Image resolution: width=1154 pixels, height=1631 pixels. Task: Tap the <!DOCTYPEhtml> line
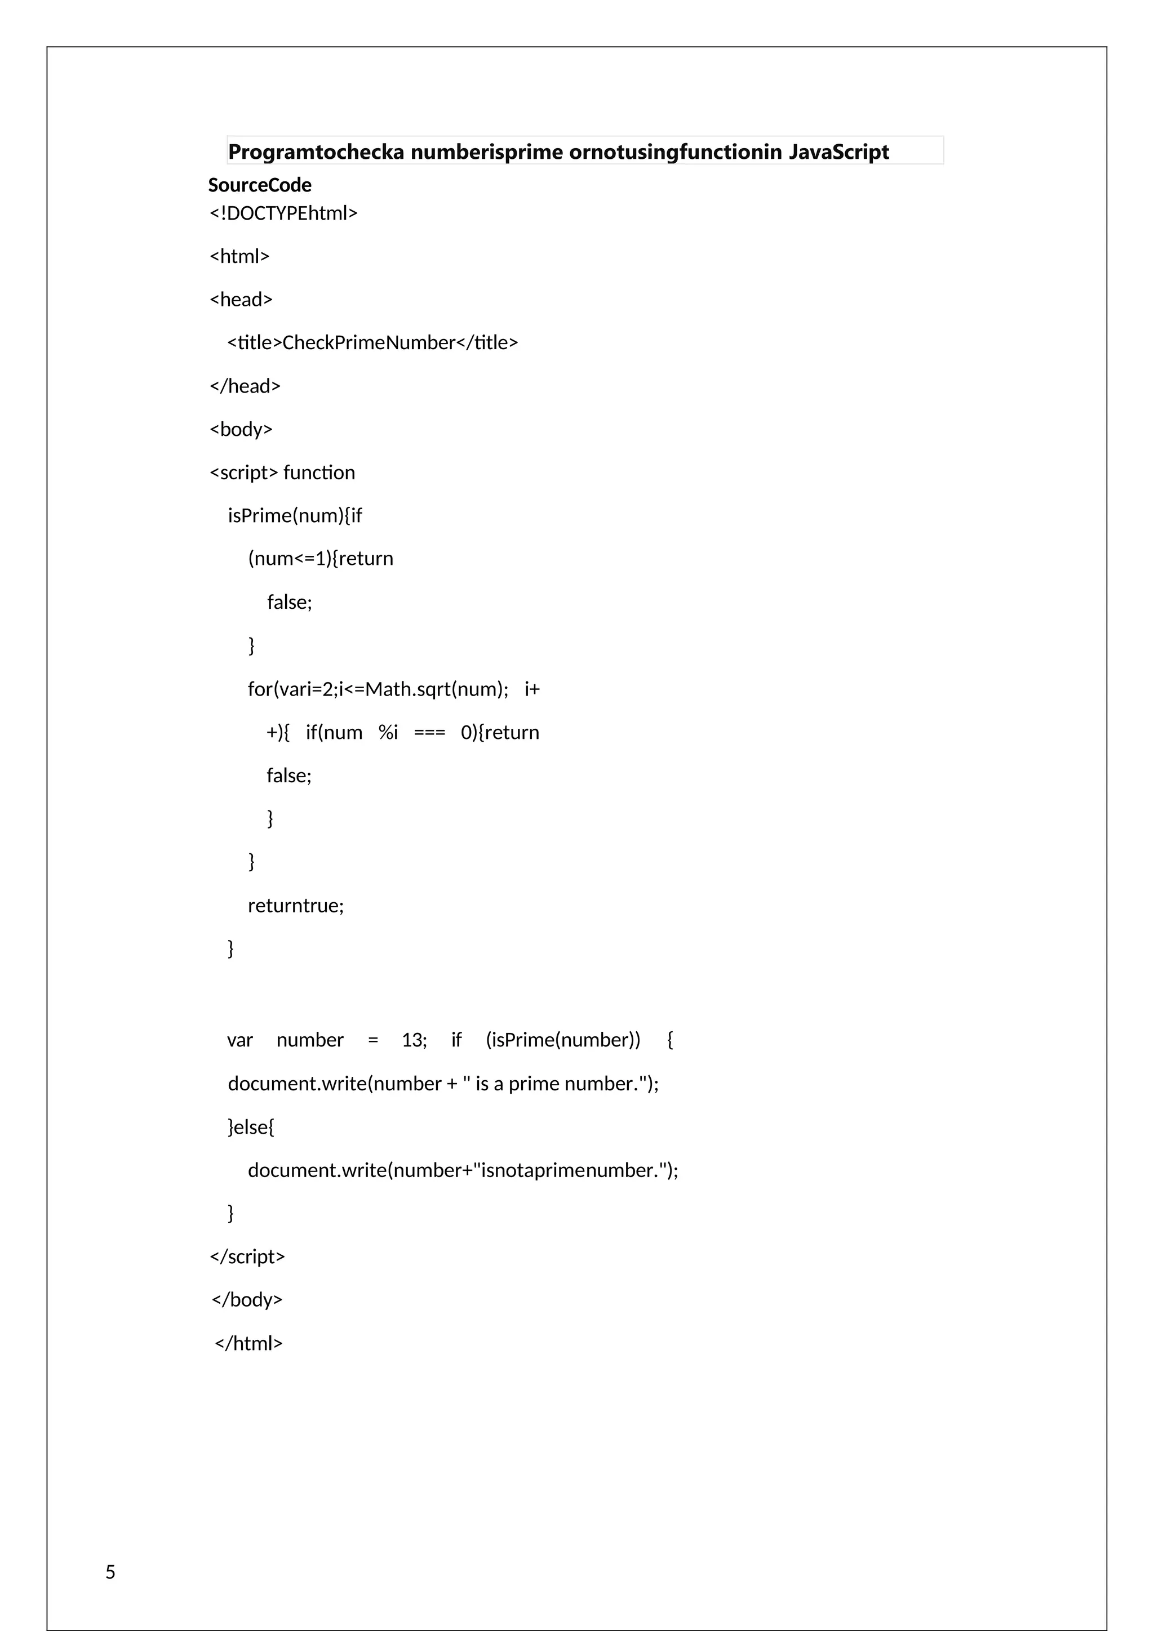(283, 213)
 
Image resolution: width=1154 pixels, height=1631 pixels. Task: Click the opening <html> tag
(239, 256)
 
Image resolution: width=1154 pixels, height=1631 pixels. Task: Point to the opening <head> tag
(241, 300)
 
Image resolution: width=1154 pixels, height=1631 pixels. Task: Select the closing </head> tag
(245, 386)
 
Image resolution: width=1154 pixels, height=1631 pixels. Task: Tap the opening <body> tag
(241, 430)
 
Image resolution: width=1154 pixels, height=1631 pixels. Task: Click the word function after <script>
(319, 473)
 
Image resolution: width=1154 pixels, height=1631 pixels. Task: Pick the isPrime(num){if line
(294, 516)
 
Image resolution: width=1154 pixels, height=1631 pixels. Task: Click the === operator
(429, 732)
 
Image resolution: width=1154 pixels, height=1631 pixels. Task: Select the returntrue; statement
(296, 906)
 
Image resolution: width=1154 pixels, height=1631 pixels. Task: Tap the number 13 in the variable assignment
(414, 1040)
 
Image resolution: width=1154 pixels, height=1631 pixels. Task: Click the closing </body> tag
(247, 1300)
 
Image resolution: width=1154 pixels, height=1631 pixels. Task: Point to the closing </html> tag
(248, 1343)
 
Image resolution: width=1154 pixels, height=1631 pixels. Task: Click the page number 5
(110, 1572)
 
